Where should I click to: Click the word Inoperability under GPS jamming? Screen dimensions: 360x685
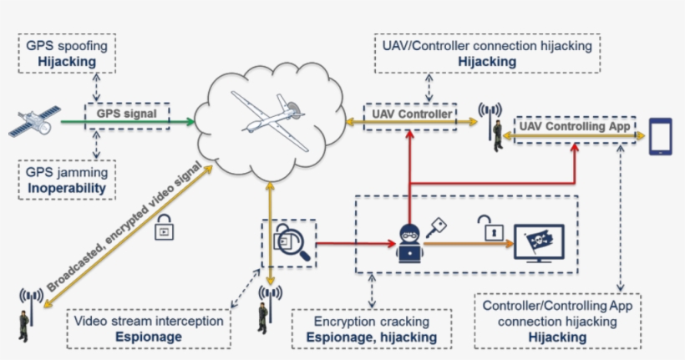pyautogui.click(x=66, y=189)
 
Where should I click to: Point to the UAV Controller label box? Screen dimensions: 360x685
pyautogui.click(x=409, y=113)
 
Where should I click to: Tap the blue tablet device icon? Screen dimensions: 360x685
pyautogui.click(x=662, y=137)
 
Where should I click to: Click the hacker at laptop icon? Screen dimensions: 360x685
pyautogui.click(x=409, y=243)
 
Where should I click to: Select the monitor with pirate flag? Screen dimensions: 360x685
pyautogui.click(x=539, y=243)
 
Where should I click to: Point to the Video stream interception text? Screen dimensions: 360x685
pyautogui.click(x=149, y=322)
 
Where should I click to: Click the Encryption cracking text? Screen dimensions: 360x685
pyautogui.click(x=372, y=322)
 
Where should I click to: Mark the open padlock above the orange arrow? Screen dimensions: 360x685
pyautogui.click(x=485, y=226)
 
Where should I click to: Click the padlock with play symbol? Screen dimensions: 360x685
pyautogui.click(x=165, y=227)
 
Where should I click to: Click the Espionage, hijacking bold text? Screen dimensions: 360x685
pyautogui.click(x=372, y=337)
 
